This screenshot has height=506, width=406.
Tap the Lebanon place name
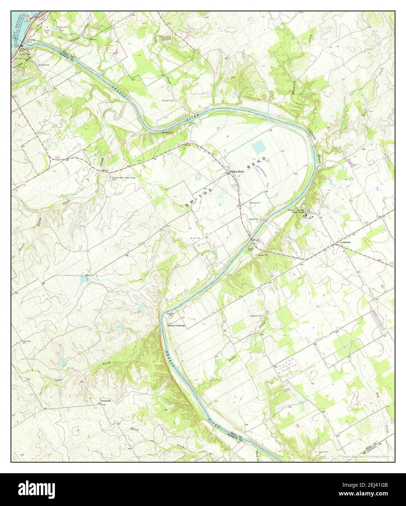345,242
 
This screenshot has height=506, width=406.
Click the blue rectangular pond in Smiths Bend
260,147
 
